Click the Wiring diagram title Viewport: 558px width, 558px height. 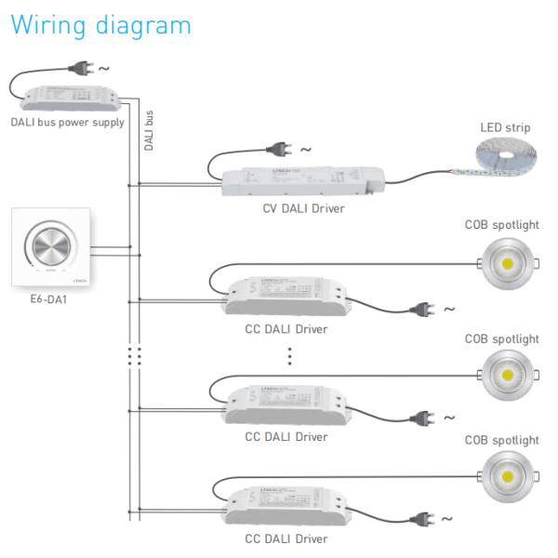point(100,25)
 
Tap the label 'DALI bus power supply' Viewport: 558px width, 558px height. point(67,122)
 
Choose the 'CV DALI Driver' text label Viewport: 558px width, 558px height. point(303,208)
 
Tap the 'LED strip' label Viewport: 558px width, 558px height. point(505,127)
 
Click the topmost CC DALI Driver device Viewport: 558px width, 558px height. point(286,296)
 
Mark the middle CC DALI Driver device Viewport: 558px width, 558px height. point(286,404)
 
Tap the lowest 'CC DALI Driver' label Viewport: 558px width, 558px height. point(286,538)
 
